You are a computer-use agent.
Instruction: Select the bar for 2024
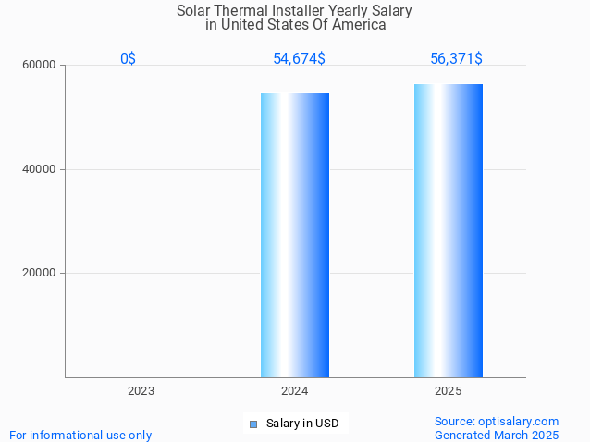(x=294, y=235)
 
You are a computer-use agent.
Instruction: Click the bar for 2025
(x=449, y=230)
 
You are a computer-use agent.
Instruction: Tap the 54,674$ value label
(x=299, y=59)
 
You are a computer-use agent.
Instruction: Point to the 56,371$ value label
(x=456, y=59)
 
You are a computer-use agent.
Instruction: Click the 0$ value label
(x=128, y=59)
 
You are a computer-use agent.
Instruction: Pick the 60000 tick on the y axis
(x=39, y=66)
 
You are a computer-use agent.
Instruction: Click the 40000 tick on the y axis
(x=39, y=169)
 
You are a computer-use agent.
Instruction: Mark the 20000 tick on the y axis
(x=39, y=273)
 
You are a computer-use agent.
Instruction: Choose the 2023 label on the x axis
(x=141, y=391)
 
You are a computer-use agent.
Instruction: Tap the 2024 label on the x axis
(x=294, y=391)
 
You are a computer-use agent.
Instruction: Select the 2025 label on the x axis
(x=449, y=391)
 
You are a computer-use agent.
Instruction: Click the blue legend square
(x=252, y=424)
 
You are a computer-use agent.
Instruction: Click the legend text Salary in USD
(x=302, y=424)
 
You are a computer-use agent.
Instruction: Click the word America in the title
(x=358, y=25)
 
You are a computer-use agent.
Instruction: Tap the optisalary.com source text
(x=497, y=421)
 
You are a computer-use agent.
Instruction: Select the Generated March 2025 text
(x=497, y=435)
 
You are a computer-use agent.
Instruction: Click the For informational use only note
(x=80, y=435)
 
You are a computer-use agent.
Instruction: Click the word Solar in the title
(x=194, y=11)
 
